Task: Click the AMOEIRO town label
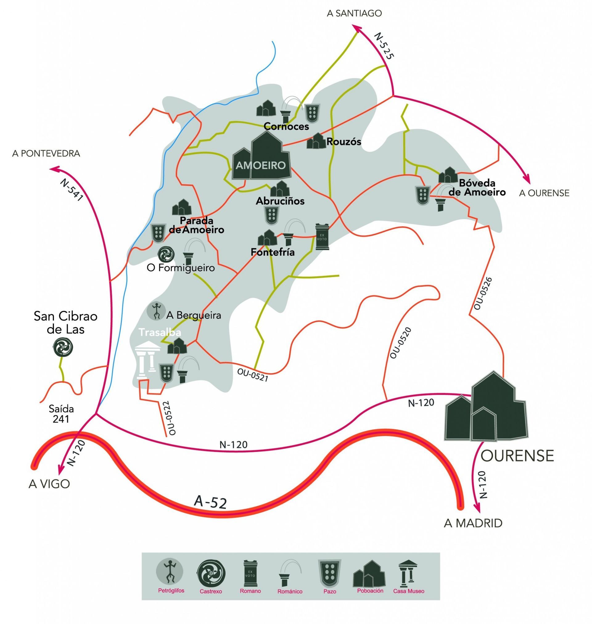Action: (x=260, y=165)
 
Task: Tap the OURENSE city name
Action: (x=517, y=456)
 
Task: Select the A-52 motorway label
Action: (x=211, y=502)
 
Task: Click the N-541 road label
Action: (x=71, y=190)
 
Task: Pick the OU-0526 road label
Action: (x=483, y=294)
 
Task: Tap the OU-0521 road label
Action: (x=253, y=376)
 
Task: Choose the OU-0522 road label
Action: (x=169, y=418)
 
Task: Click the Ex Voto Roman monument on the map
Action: (x=322, y=237)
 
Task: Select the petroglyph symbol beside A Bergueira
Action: (x=156, y=311)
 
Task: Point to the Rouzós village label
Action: (x=344, y=142)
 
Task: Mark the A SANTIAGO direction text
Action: (x=354, y=13)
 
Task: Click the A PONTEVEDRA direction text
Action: (x=46, y=154)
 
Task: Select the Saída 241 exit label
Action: (x=61, y=414)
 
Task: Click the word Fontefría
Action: (x=273, y=252)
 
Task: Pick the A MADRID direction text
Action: (x=473, y=523)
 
